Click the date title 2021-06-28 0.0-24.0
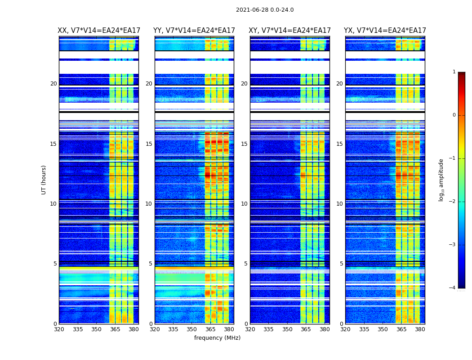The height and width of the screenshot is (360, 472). pyautogui.click(x=265, y=10)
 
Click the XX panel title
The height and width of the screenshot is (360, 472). pyautogui.click(x=98, y=31)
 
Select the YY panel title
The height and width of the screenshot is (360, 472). pyautogui.click(x=194, y=31)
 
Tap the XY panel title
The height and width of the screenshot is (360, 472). pyautogui.click(x=290, y=31)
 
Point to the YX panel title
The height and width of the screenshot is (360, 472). pyautogui.click(x=385, y=31)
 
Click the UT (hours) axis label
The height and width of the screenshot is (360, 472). pyautogui.click(x=44, y=180)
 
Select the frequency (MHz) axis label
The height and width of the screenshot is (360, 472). pyautogui.click(x=217, y=338)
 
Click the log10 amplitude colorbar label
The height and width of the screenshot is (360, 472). pyautogui.click(x=441, y=180)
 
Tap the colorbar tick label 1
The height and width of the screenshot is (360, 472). pyautogui.click(x=454, y=72)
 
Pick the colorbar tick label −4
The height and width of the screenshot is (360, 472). pyautogui.click(x=453, y=288)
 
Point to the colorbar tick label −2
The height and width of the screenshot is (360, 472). pyautogui.click(x=453, y=202)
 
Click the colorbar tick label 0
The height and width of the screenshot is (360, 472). pyautogui.click(x=454, y=115)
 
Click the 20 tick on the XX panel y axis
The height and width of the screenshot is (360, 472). pyautogui.click(x=53, y=84)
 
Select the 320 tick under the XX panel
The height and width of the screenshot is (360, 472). pyautogui.click(x=59, y=329)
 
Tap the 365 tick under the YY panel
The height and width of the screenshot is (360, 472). pyautogui.click(x=210, y=329)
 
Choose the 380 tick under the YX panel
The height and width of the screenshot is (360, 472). pyautogui.click(x=420, y=329)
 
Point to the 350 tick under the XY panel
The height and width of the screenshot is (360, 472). pyautogui.click(x=287, y=329)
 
